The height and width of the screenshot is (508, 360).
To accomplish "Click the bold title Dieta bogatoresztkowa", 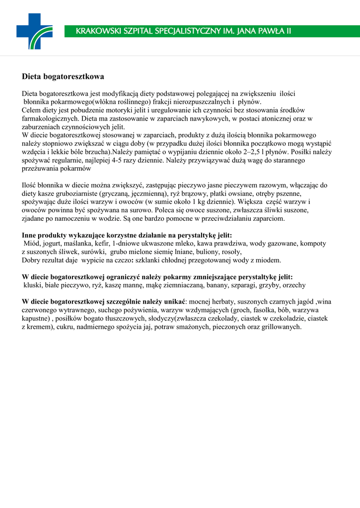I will coord(63,77).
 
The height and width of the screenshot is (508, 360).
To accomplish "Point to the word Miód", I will coord(32,244).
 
